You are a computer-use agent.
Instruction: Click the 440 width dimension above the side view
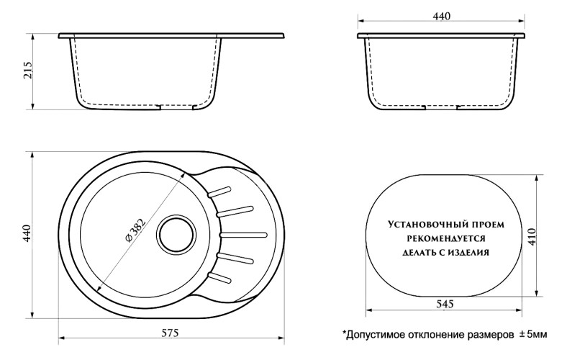coord(442,17)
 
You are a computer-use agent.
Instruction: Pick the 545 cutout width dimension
coord(444,304)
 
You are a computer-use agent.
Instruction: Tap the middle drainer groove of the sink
coord(245,233)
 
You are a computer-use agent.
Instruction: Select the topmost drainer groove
coord(220,192)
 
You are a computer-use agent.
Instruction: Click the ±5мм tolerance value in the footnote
coord(533,335)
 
